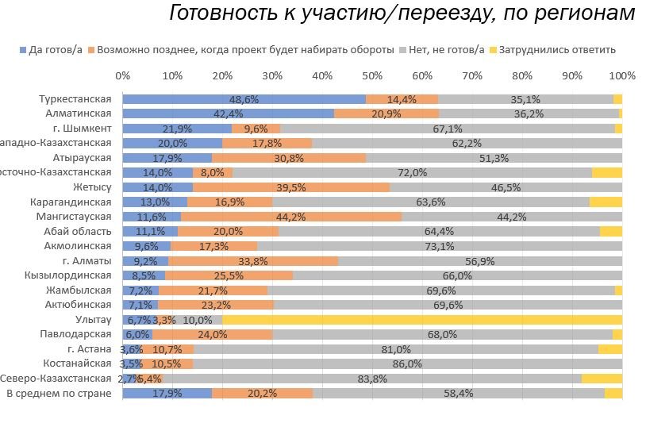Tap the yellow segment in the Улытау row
click(x=421, y=320)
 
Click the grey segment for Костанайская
click(x=408, y=364)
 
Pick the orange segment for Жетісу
click(x=291, y=187)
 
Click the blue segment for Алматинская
click(x=229, y=113)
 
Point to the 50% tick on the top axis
click(x=372, y=76)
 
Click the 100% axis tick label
click(x=622, y=76)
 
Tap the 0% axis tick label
click(x=123, y=76)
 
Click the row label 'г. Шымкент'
click(x=87, y=129)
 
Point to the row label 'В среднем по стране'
click(x=59, y=393)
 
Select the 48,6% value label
click(x=244, y=99)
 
